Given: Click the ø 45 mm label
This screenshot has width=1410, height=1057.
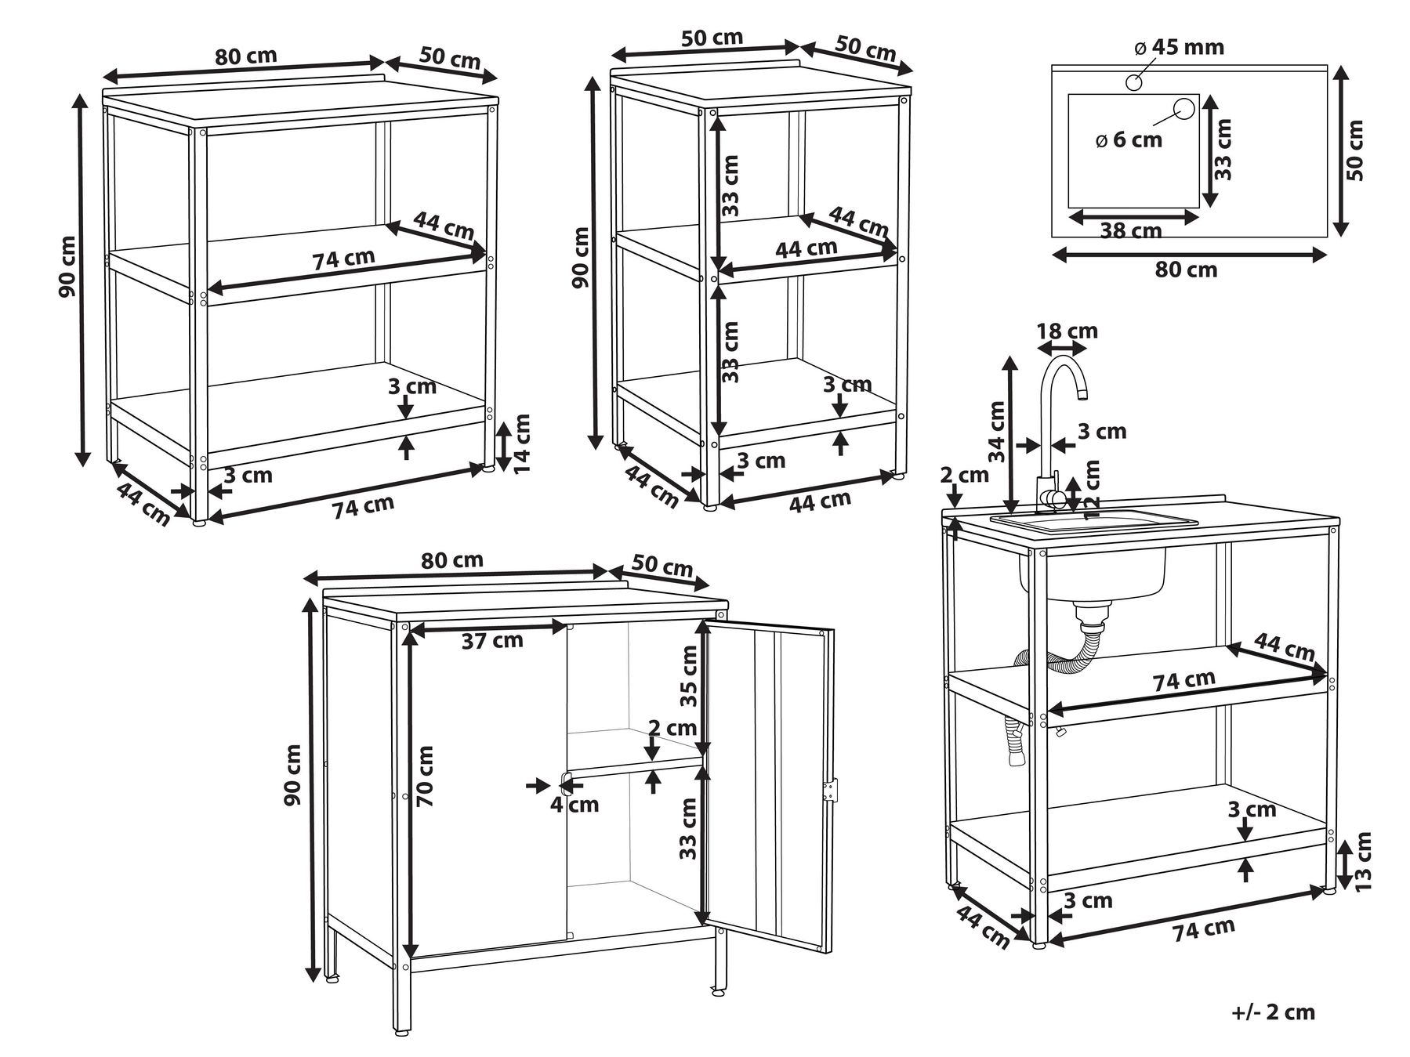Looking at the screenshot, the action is click(x=1179, y=47).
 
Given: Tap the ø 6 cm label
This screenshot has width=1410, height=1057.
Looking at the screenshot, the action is click(x=1129, y=140).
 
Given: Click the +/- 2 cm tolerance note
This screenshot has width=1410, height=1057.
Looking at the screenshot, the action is click(x=1273, y=1012).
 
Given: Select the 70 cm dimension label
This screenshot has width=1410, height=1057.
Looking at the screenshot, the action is click(x=425, y=776).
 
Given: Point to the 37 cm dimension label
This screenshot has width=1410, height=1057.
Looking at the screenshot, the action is click(x=491, y=641).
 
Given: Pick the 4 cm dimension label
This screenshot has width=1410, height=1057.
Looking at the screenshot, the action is click(x=574, y=805).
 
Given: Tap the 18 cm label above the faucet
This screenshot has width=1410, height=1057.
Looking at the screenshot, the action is click(x=1067, y=331).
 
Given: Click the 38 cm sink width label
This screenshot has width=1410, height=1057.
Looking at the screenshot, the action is click(x=1130, y=230).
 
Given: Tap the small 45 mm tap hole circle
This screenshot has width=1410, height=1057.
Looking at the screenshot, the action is click(x=1134, y=81).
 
